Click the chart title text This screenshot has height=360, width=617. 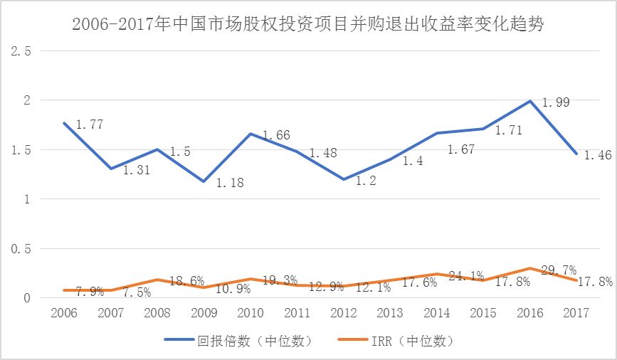point(309,25)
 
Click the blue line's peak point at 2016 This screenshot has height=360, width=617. point(530,101)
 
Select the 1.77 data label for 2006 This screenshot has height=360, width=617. point(89,125)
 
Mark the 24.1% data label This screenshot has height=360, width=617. point(466,275)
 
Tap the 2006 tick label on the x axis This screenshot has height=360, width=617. point(63,312)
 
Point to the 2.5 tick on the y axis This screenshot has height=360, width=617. point(19,51)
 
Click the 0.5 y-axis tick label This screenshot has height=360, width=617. point(19,249)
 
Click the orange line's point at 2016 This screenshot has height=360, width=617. point(530,269)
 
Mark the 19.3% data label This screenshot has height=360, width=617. point(279,280)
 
